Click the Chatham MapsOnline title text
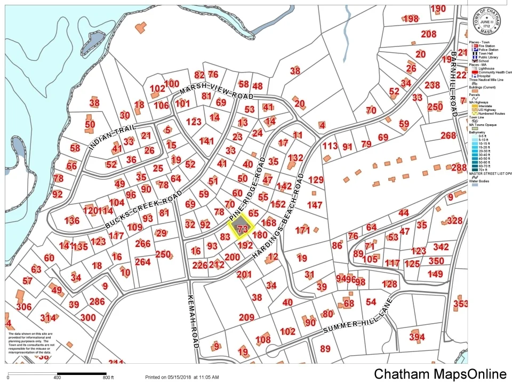point(440,374)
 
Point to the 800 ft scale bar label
point(109,378)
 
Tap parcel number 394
point(417,337)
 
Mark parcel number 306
point(24,307)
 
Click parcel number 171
point(302,230)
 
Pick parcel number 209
point(246,317)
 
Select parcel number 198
point(411,19)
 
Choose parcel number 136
point(71,221)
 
